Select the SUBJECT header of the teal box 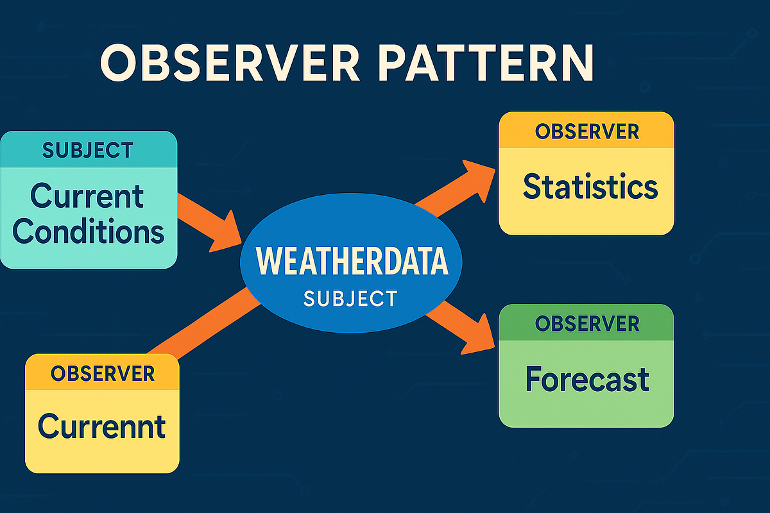pyautogui.click(x=88, y=150)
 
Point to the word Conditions pyautogui.click(x=88, y=231)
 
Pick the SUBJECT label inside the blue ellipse pyautogui.click(x=350, y=298)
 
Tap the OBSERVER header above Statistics pyautogui.click(x=586, y=131)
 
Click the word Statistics pyautogui.click(x=590, y=187)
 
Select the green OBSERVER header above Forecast pyautogui.click(x=586, y=323)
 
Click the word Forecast pyautogui.click(x=586, y=379)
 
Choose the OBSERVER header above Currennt pyautogui.click(x=102, y=373)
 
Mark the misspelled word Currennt pyautogui.click(x=101, y=426)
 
